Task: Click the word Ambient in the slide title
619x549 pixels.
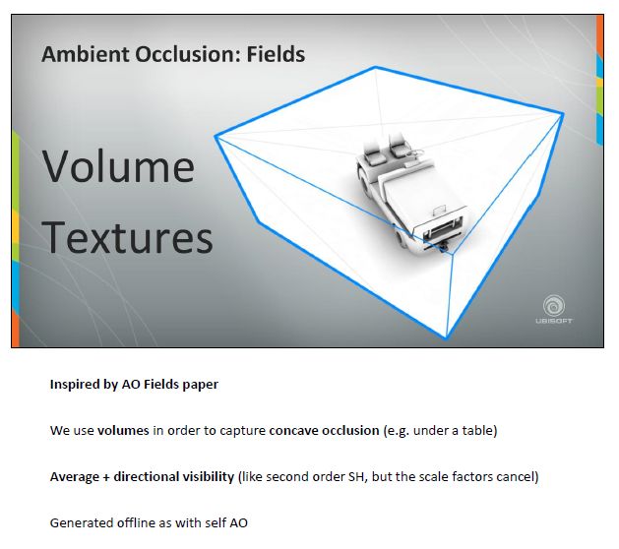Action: (86, 54)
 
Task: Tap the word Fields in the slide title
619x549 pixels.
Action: (276, 54)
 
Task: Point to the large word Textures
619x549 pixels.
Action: (127, 237)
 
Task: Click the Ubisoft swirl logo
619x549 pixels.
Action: (554, 305)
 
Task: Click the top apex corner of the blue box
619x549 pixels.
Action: (375, 68)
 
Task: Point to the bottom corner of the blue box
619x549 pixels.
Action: (446, 337)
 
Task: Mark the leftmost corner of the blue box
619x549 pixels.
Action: (216, 136)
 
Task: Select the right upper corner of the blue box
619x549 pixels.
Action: (562, 114)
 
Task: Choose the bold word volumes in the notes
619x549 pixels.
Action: (123, 430)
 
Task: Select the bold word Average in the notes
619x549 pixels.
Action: (75, 477)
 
